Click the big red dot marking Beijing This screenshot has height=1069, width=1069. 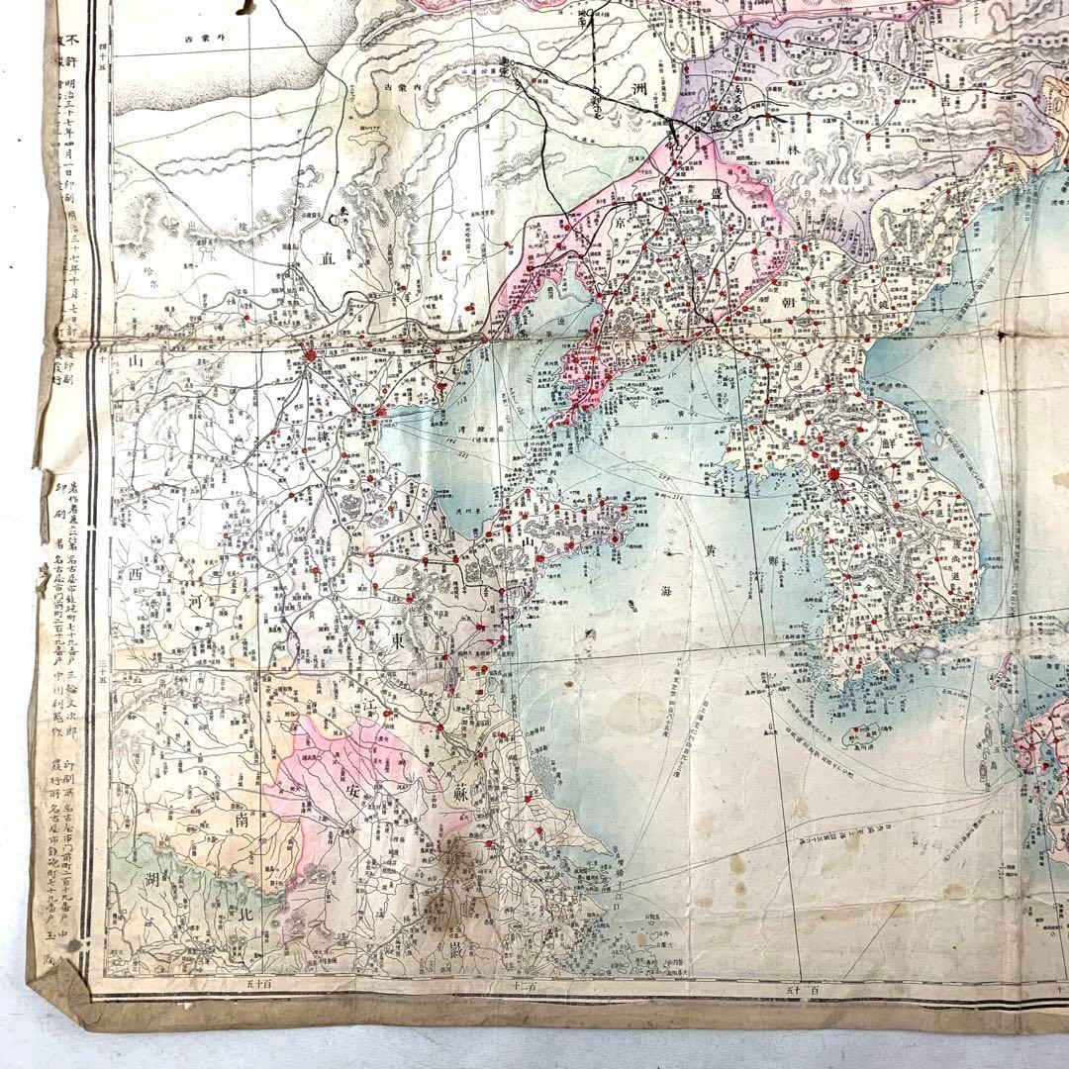pyautogui.click(x=310, y=353)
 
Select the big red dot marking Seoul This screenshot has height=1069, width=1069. pyautogui.click(x=833, y=474)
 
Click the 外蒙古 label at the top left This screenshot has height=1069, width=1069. pyautogui.click(x=204, y=40)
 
